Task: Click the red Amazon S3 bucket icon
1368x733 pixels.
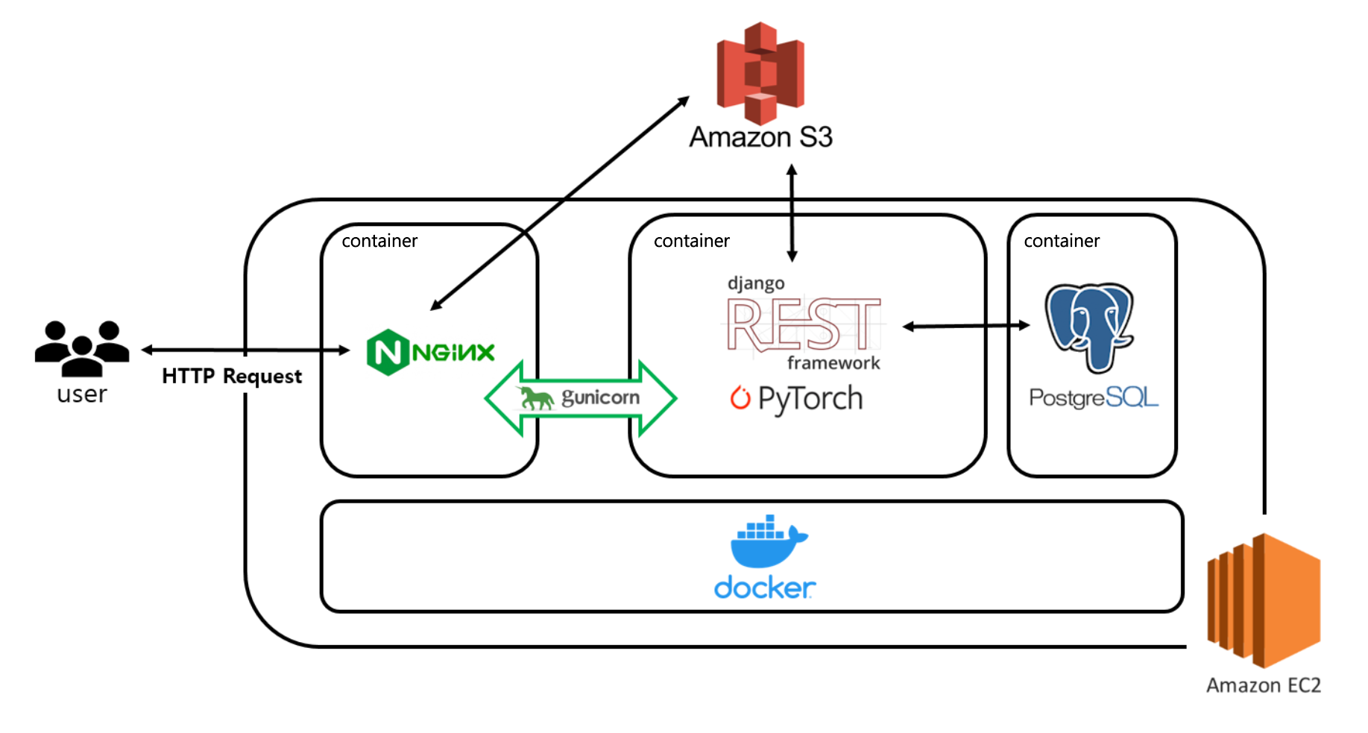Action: pyautogui.click(x=760, y=72)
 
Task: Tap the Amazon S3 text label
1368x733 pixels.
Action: pyautogui.click(x=760, y=137)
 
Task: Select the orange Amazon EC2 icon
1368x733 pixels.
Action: pyautogui.click(x=1264, y=600)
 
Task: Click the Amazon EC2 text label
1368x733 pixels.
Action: pyautogui.click(x=1264, y=685)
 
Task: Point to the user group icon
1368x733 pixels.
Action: pyautogui.click(x=82, y=347)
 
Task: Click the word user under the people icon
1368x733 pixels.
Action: pyautogui.click(x=82, y=394)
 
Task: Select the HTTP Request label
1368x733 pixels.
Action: pyautogui.click(x=232, y=376)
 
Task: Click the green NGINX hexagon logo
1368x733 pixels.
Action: pyautogui.click(x=388, y=352)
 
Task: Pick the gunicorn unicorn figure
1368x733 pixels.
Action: pyautogui.click(x=536, y=398)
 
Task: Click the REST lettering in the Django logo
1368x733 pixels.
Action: pyautogui.click(x=804, y=324)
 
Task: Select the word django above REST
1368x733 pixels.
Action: pyautogui.click(x=756, y=283)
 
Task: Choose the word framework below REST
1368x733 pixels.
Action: pyautogui.click(x=833, y=363)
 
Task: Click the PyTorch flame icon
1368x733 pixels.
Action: pyautogui.click(x=740, y=398)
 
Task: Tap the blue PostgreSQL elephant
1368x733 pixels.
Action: pyautogui.click(x=1089, y=327)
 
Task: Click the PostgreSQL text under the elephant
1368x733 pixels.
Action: pyautogui.click(x=1094, y=397)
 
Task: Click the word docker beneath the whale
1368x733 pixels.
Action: pyautogui.click(x=765, y=588)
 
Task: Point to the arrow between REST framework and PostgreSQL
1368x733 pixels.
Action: pyautogui.click(x=966, y=326)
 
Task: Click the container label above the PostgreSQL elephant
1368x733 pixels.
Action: pyautogui.click(x=1062, y=241)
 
